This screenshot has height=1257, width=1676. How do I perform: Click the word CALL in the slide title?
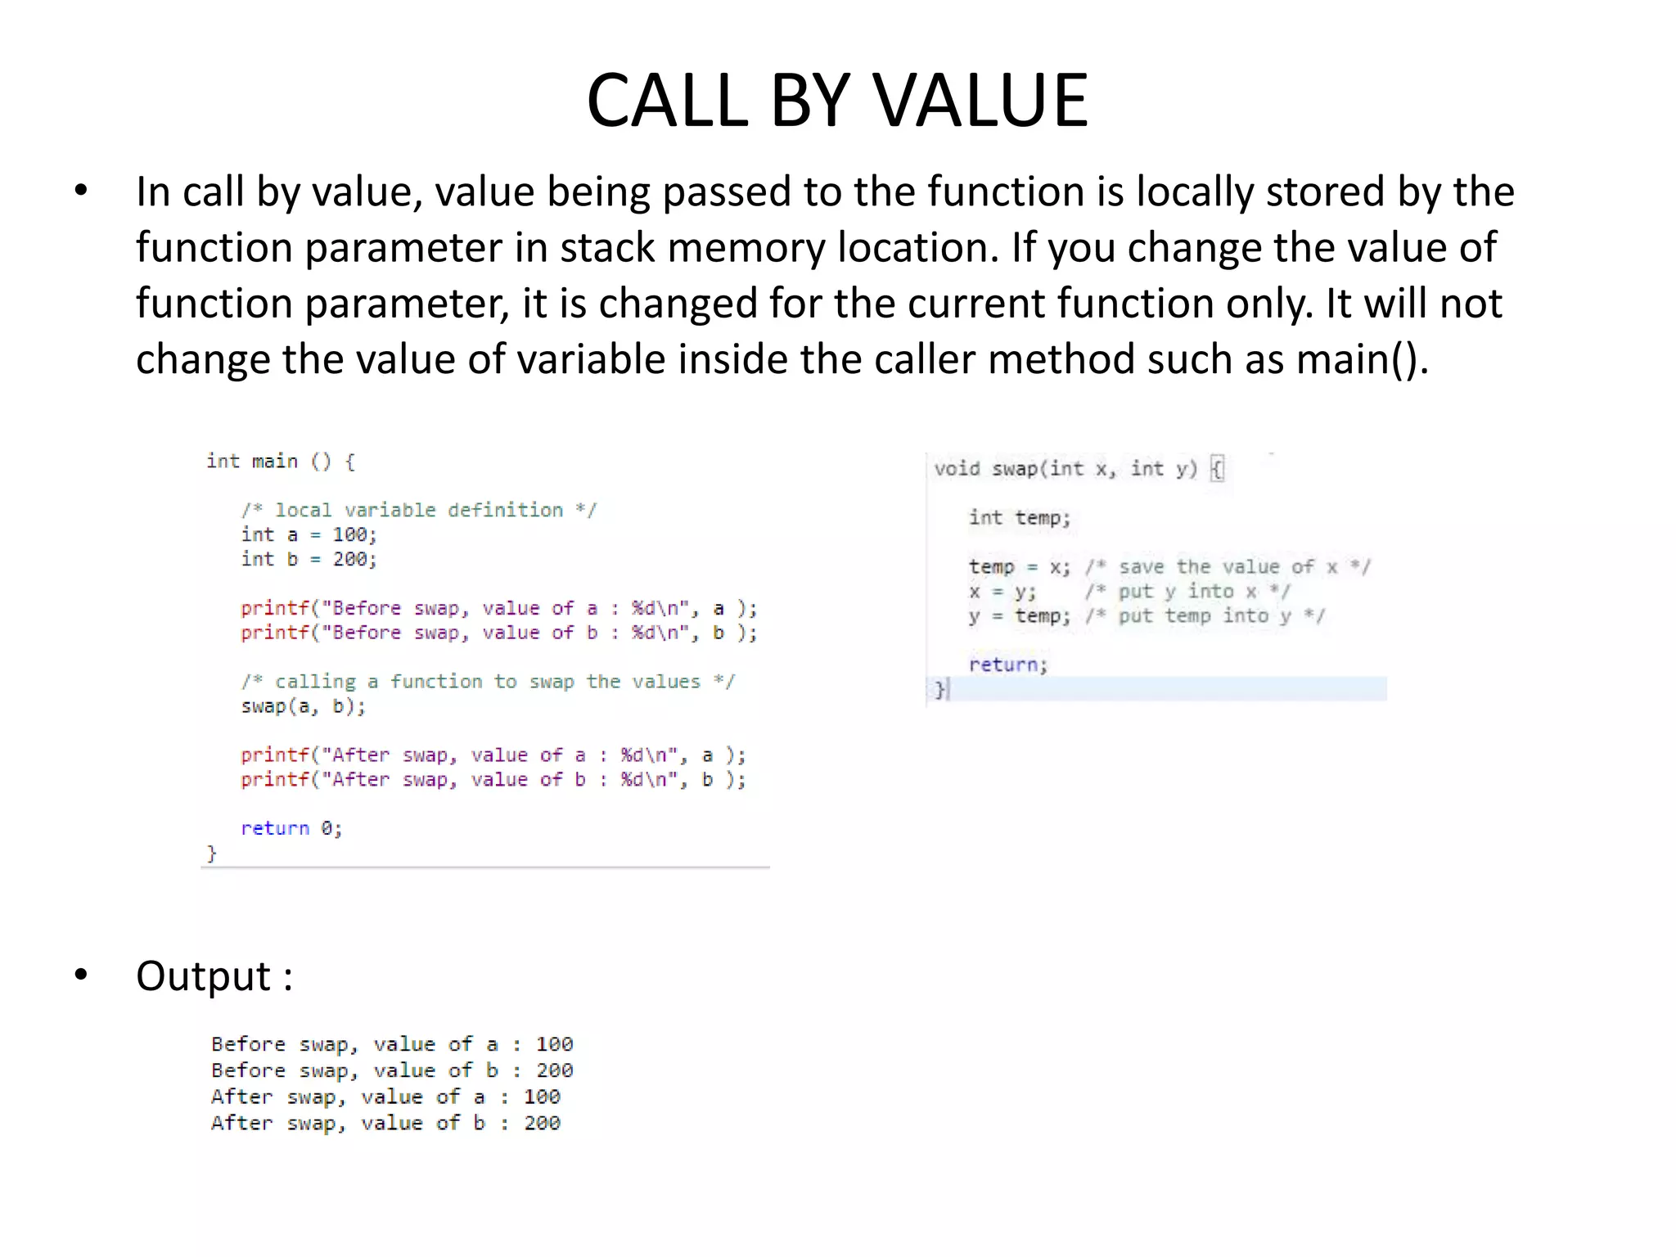click(x=668, y=101)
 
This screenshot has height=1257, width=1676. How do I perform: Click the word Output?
click(x=203, y=975)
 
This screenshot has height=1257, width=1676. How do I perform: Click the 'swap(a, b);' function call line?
click(x=303, y=706)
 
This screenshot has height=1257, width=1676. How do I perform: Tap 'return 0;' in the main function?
click(x=291, y=828)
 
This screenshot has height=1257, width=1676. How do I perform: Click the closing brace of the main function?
click(x=211, y=854)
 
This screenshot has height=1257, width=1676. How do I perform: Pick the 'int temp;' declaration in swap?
click(x=1019, y=517)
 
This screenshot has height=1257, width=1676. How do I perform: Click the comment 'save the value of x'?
click(x=1228, y=566)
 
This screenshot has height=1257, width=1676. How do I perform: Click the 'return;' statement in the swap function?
click(x=1007, y=665)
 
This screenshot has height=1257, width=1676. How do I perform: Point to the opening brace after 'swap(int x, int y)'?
click(x=1217, y=469)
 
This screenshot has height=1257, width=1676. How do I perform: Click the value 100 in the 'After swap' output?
click(x=542, y=1097)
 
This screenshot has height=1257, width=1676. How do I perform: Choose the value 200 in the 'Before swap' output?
click(x=554, y=1070)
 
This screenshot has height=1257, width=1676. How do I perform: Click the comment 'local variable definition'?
click(x=419, y=510)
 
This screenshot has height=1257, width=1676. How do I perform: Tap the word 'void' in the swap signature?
click(x=957, y=469)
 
